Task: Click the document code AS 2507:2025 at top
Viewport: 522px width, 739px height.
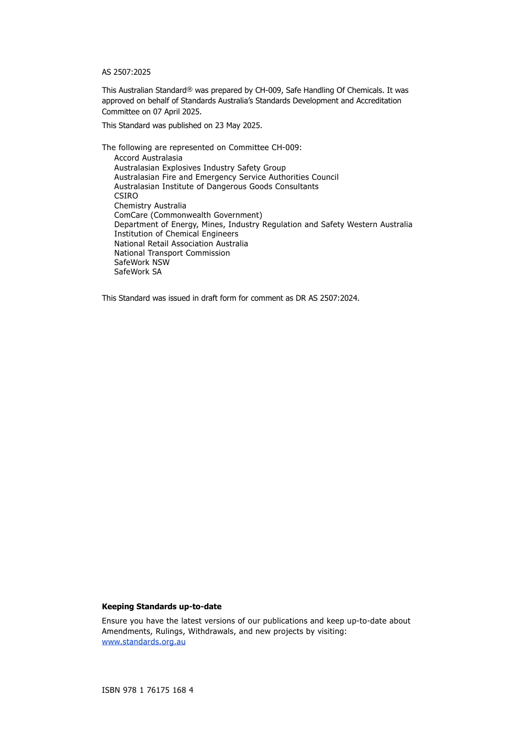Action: click(126, 72)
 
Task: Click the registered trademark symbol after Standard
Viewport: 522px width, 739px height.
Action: click(190, 89)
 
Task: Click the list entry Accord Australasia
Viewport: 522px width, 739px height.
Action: click(148, 158)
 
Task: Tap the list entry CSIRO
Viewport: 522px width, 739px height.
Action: click(126, 196)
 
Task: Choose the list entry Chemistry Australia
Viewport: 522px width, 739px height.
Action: click(150, 206)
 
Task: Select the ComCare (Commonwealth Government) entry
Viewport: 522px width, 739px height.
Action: click(188, 215)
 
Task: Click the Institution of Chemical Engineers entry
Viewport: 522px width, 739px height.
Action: click(176, 234)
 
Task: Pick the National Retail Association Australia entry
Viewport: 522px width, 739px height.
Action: click(181, 244)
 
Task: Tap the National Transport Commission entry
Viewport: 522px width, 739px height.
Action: click(172, 253)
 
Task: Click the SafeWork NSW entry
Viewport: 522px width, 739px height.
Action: click(142, 262)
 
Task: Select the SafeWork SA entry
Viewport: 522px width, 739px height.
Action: click(138, 272)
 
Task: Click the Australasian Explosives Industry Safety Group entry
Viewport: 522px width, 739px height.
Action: click(199, 168)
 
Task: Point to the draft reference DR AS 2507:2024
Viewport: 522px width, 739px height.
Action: click(327, 298)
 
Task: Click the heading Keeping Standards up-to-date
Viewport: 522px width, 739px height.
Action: click(162, 606)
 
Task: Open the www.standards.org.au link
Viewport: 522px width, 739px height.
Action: click(143, 642)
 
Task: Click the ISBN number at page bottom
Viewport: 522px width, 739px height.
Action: click(147, 690)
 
